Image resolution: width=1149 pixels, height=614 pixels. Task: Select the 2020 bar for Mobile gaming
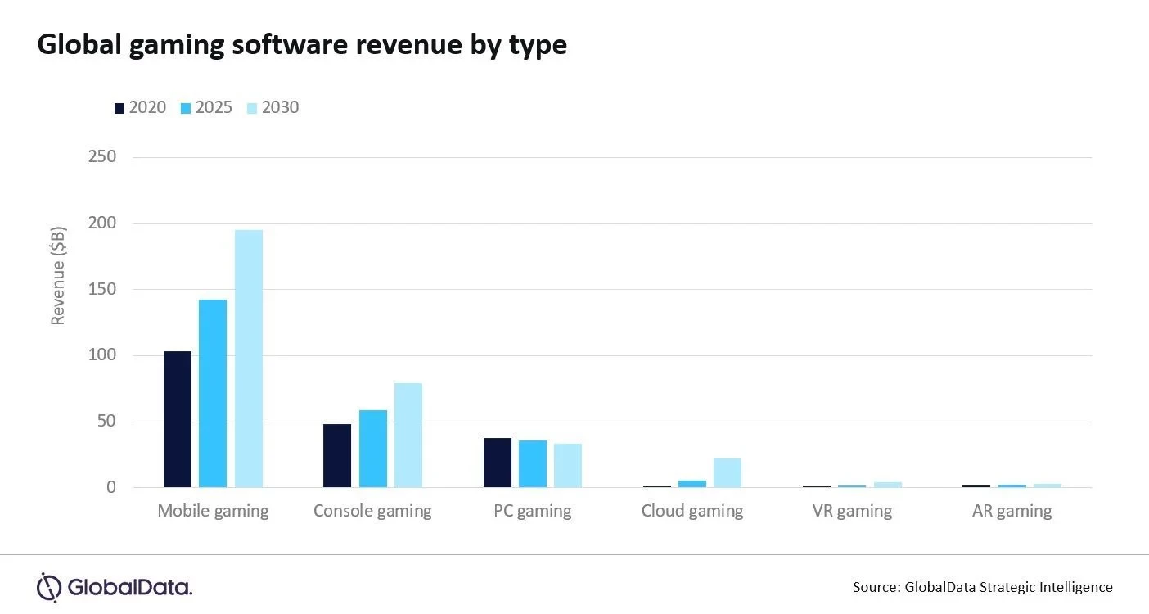(x=178, y=419)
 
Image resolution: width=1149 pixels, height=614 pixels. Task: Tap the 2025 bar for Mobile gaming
(x=213, y=394)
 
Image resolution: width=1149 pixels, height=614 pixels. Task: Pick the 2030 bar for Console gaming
(x=408, y=436)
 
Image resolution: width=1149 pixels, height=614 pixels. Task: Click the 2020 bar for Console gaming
(x=337, y=456)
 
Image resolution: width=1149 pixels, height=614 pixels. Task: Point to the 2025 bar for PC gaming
(x=533, y=464)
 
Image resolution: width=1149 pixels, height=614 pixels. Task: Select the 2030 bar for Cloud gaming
(x=728, y=473)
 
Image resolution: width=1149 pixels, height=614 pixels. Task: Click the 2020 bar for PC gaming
(x=498, y=463)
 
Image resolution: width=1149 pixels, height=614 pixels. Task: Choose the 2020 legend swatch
(x=119, y=108)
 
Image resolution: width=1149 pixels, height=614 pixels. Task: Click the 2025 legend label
(x=214, y=107)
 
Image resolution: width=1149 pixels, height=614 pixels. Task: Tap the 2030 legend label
(x=280, y=107)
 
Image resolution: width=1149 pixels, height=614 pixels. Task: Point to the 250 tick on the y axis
(x=102, y=156)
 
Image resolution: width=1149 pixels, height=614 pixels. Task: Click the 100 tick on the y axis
(x=102, y=355)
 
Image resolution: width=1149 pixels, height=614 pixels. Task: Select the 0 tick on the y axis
(x=111, y=488)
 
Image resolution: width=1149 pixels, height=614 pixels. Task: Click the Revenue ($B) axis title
(x=58, y=276)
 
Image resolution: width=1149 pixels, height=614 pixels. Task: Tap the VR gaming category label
(x=852, y=512)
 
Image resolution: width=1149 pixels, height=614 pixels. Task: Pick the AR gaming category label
(x=1012, y=512)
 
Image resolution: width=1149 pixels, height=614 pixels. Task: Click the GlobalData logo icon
(x=49, y=587)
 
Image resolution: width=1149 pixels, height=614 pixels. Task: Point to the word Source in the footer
(x=876, y=587)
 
